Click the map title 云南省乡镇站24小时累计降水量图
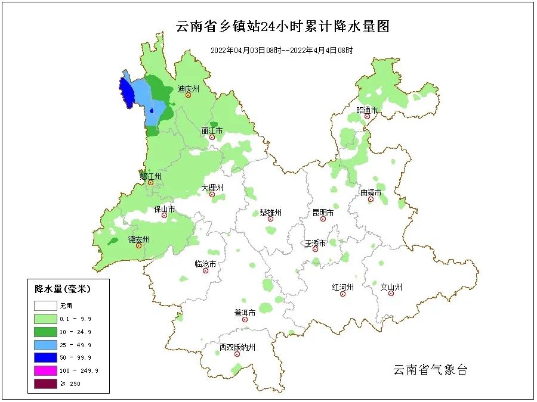(283, 27)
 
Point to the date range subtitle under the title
(282, 51)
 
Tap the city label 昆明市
(323, 213)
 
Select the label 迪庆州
(188, 89)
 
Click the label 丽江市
(212, 130)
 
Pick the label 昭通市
(368, 110)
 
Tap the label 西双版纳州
(237, 347)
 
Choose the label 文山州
(391, 288)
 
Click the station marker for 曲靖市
(371, 200)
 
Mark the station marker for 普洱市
(245, 320)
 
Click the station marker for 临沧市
(206, 271)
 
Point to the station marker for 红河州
(343, 294)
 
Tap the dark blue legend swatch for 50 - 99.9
(45, 357)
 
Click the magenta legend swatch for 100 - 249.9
(45, 370)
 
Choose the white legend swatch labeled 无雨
(45, 306)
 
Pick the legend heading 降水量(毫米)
(63, 289)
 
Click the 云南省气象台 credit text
(430, 370)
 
